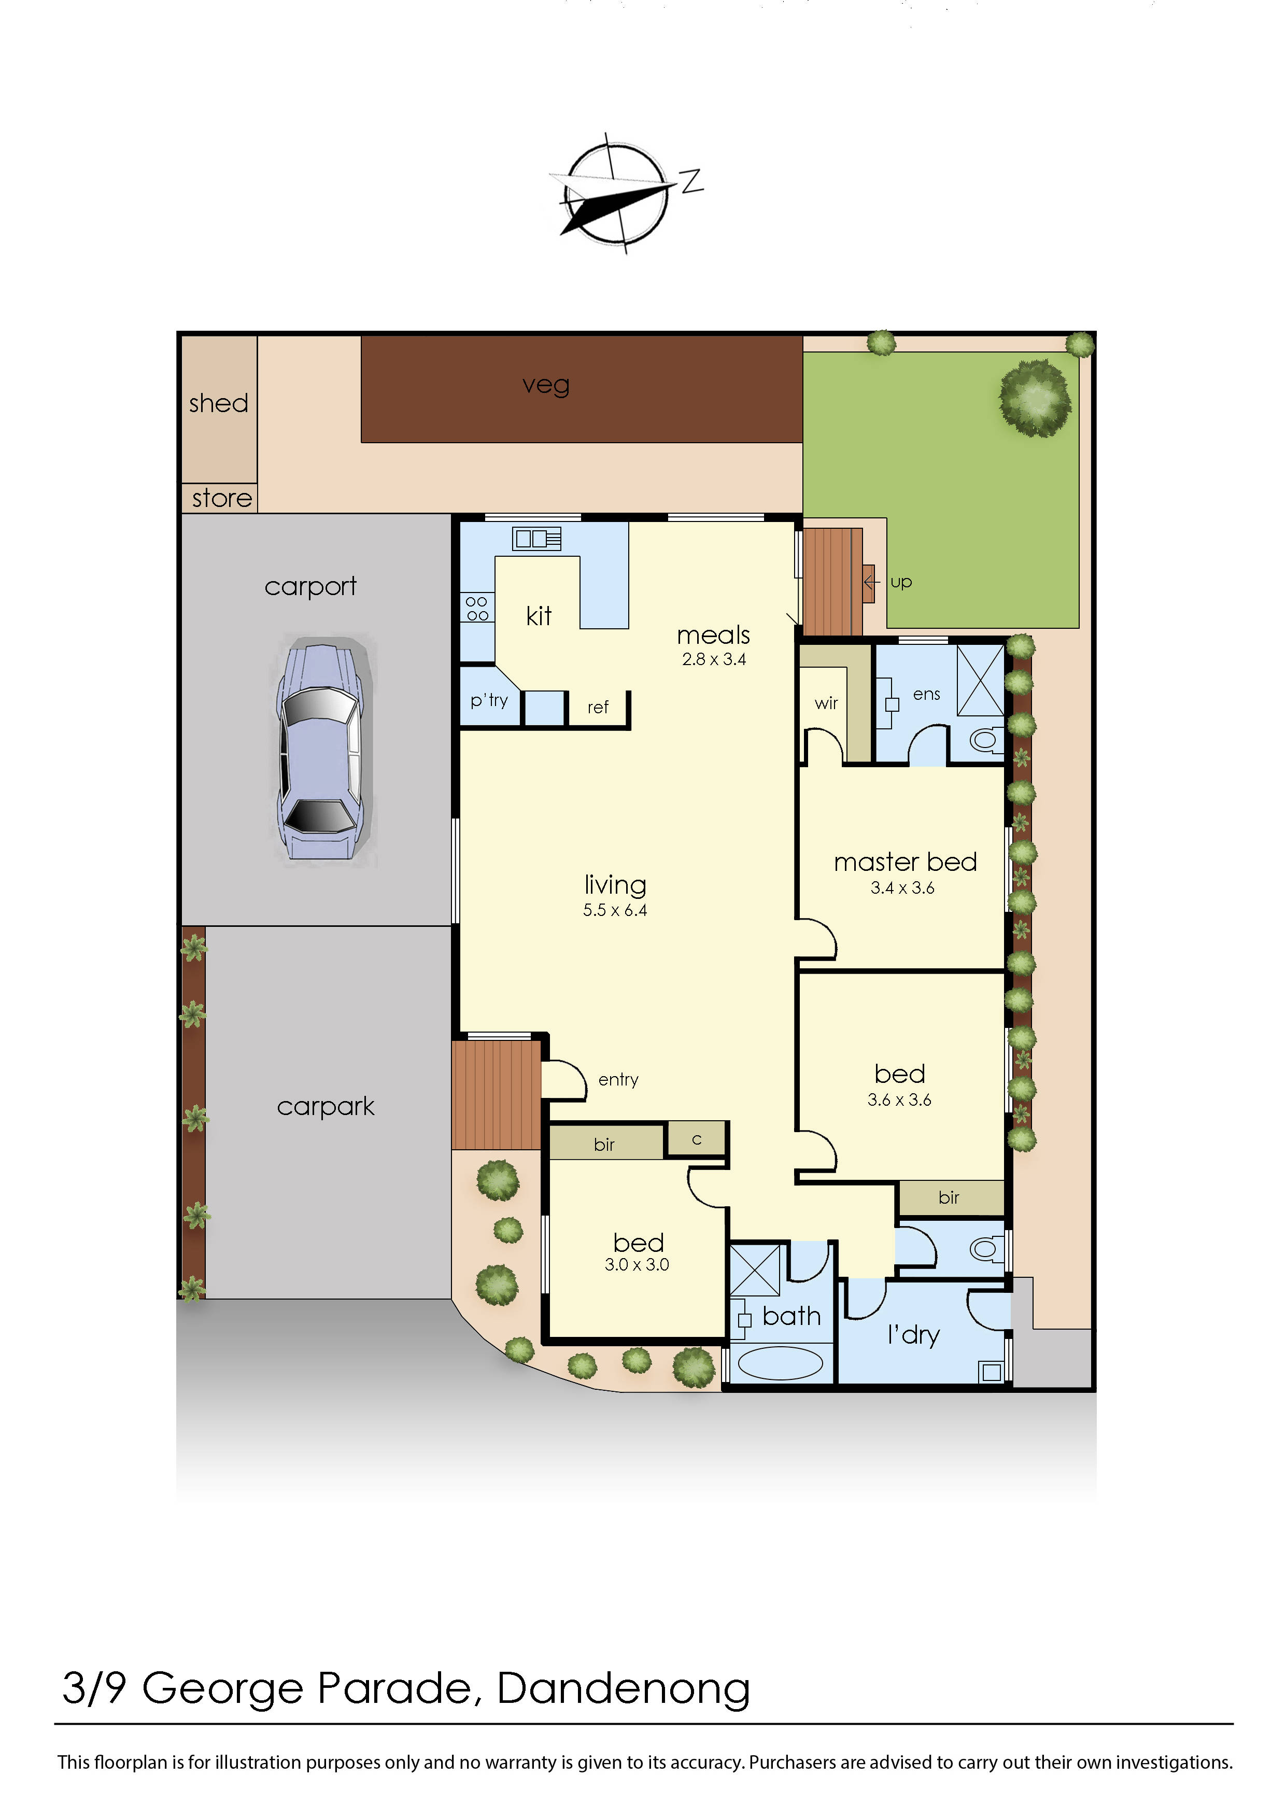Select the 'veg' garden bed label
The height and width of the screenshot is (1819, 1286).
tap(546, 385)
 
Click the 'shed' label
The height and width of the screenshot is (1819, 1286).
tap(219, 403)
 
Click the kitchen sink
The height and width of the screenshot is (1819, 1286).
tap(536, 539)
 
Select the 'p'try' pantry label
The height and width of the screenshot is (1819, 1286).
tap(489, 700)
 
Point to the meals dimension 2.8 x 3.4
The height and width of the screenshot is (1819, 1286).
tap(714, 659)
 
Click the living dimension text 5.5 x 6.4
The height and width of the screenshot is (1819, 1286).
tap(615, 910)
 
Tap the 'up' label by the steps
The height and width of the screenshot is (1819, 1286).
tap(901, 582)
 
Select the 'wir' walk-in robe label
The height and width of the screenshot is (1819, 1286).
tap(826, 703)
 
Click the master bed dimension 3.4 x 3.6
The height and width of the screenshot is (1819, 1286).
tap(902, 888)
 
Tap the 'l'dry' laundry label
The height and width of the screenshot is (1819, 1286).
tap(914, 1335)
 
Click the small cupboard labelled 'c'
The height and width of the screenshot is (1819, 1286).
tap(697, 1140)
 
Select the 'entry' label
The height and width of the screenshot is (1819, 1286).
tap(618, 1080)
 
